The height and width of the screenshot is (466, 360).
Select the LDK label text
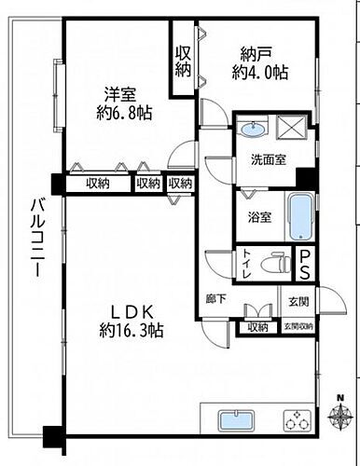click(127, 310)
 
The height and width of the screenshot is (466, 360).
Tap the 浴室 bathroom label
click(259, 217)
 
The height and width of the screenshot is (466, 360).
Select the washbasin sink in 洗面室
click(250, 129)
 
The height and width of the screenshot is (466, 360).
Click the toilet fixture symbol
click(277, 264)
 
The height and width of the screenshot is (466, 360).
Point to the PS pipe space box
click(306, 264)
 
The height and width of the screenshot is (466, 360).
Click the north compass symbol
click(341, 414)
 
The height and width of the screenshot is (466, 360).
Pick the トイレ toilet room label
click(246, 264)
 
